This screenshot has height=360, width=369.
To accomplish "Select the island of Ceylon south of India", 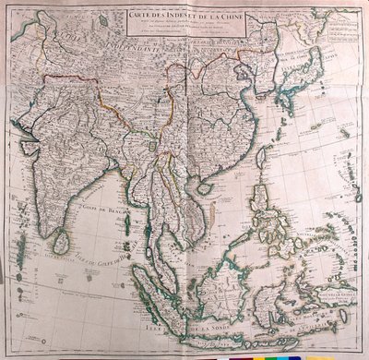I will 60,242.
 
